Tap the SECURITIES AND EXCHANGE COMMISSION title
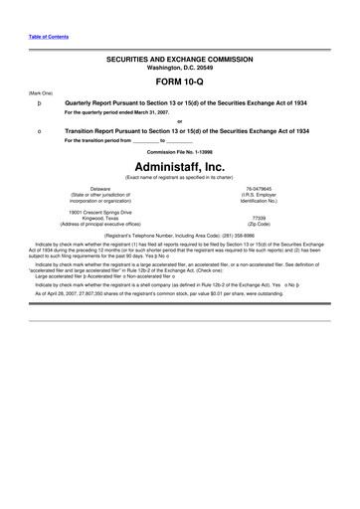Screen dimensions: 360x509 tap(180, 60)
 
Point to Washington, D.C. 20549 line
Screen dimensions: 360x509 tap(180, 69)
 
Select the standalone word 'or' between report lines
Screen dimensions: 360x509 tap(180, 121)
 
